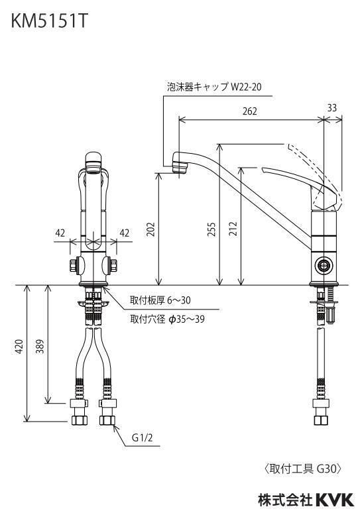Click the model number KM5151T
point(50,21)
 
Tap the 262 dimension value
point(249,111)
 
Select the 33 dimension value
point(331,108)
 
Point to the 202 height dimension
point(150,229)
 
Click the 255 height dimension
point(212,229)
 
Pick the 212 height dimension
point(233,229)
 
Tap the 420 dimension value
point(19,347)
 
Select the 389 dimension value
point(40,347)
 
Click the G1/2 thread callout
point(142,437)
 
